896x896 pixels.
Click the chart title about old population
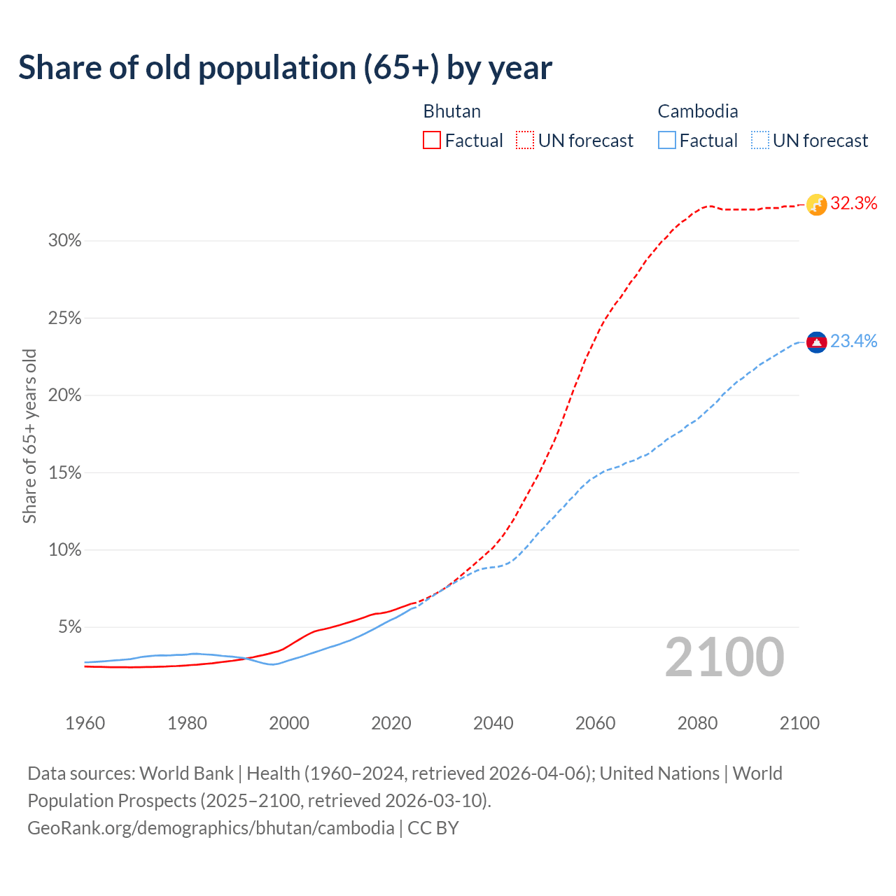286,68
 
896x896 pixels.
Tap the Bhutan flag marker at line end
816,204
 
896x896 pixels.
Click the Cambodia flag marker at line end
816,342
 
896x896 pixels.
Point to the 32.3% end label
853,204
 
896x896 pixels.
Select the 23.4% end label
853,342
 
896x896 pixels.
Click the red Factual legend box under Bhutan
432,141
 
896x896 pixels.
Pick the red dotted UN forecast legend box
525,141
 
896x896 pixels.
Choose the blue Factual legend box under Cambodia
666,141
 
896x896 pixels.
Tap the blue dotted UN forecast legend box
759,141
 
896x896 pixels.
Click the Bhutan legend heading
451,111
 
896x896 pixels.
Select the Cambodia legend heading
697,111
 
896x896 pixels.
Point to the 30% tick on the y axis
65,241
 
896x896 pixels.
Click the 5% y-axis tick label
69,627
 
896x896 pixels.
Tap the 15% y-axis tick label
65,473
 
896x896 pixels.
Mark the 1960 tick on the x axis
85,723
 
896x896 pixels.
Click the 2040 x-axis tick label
493,723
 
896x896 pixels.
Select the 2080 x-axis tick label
697,723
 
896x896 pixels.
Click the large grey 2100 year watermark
724,657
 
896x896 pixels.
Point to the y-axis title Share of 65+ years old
29,436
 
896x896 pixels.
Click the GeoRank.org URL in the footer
211,828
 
